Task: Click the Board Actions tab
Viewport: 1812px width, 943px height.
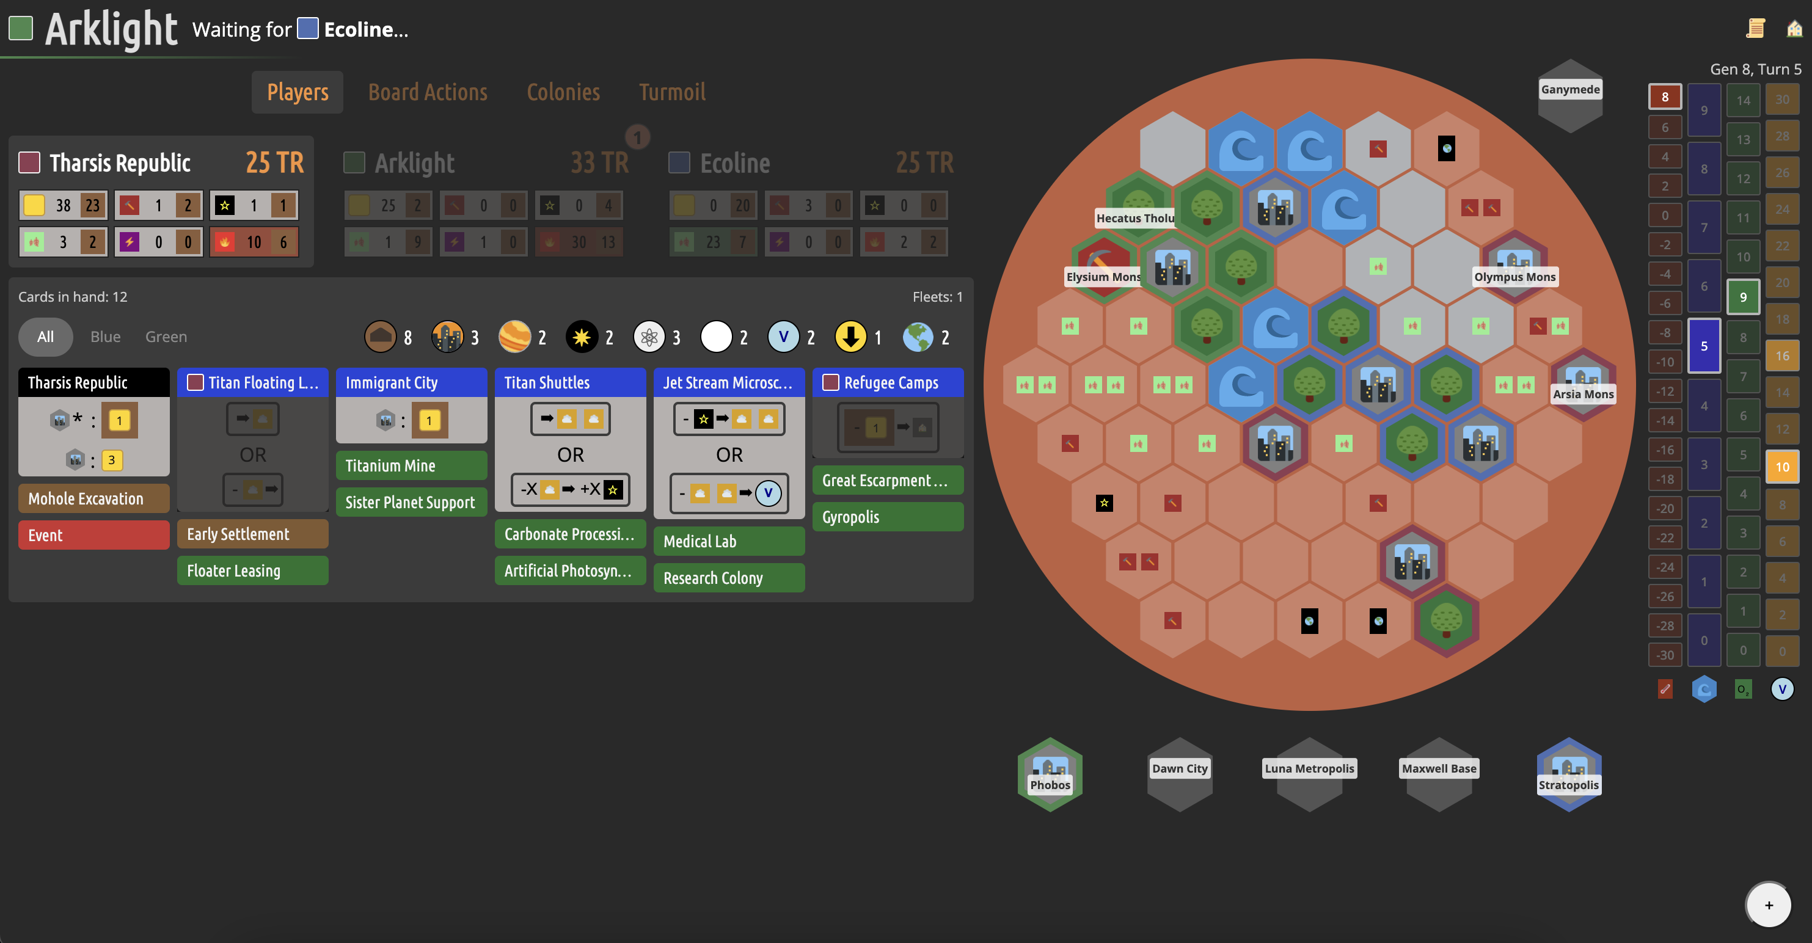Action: (x=428, y=92)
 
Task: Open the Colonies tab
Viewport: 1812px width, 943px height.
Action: (x=563, y=92)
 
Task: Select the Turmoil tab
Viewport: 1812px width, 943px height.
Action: (x=672, y=92)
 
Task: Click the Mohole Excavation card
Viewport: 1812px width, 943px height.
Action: (x=93, y=498)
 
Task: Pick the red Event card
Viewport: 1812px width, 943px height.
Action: (x=93, y=534)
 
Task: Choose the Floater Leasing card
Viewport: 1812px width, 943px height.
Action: (x=252, y=570)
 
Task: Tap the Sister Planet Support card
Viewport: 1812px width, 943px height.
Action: (x=411, y=502)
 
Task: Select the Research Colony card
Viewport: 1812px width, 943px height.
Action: (x=729, y=577)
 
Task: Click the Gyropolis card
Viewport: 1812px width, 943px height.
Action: (x=888, y=517)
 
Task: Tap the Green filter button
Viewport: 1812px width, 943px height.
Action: (x=166, y=337)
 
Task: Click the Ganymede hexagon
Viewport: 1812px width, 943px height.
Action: (x=1570, y=95)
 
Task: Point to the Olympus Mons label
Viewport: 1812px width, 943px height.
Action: (x=1514, y=276)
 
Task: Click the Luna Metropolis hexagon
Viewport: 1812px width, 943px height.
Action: (x=1309, y=774)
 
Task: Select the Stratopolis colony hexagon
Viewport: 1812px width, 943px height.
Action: (x=1569, y=774)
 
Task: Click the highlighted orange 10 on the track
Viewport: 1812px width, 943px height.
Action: (x=1781, y=467)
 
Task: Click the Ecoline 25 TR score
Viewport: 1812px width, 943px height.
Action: (x=924, y=163)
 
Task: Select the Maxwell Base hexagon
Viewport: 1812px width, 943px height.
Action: (x=1439, y=774)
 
